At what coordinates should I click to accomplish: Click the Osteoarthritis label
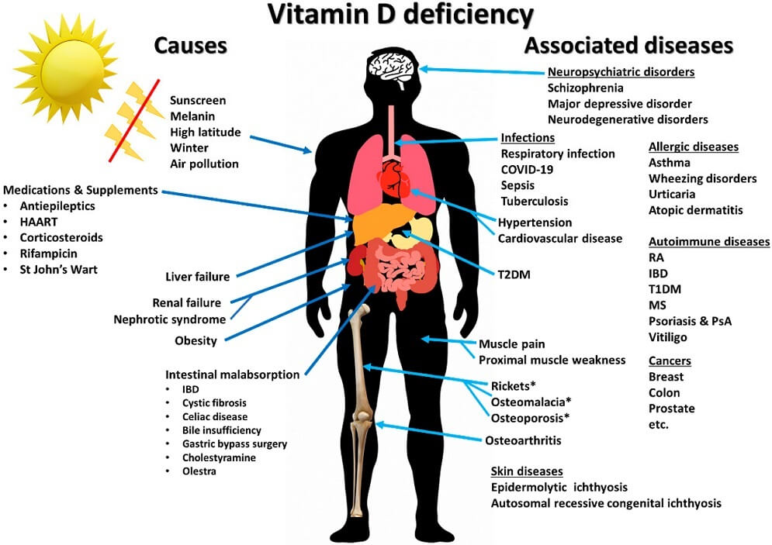coord(523,441)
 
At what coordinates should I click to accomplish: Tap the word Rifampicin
coord(49,254)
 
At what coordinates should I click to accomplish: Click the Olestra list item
coord(199,471)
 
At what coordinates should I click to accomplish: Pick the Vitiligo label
coord(668,337)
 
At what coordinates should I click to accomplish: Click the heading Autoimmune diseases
coord(708,242)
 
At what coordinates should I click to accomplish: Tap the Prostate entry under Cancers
coord(671,409)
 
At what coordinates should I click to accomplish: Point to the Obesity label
coord(196,340)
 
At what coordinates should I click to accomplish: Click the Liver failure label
coord(198,277)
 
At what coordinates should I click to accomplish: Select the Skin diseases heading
coord(527,471)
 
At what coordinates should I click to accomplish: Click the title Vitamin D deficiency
coord(401,15)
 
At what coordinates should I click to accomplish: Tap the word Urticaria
coord(671,194)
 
